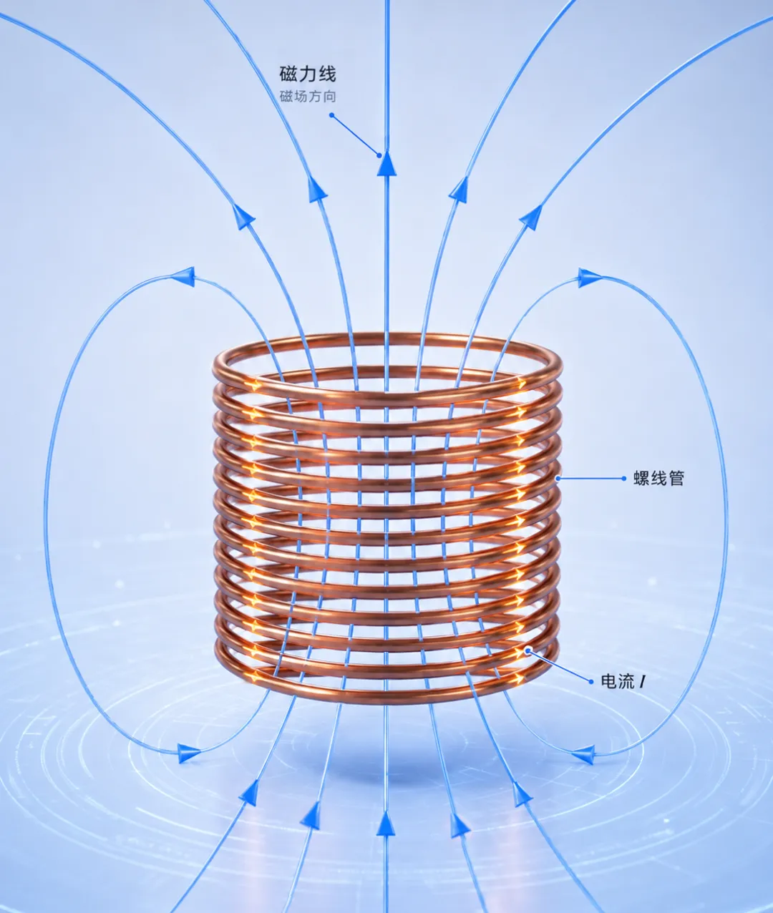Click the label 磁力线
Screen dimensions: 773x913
click(308, 74)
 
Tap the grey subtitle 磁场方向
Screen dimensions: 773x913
click(308, 97)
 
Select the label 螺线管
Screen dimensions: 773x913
click(658, 479)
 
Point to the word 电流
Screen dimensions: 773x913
click(618, 682)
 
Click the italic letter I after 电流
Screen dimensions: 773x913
click(642, 682)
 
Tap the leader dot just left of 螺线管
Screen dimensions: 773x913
click(623, 479)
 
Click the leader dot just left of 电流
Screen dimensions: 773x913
click(591, 682)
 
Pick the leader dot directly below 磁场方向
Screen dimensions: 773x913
click(331, 115)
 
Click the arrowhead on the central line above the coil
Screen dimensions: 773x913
click(386, 163)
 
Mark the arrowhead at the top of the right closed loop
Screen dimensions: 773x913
click(589, 278)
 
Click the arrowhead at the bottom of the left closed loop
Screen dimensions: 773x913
click(189, 752)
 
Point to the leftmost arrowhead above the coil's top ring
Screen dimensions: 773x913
click(243, 217)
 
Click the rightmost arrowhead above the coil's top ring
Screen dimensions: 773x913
click(532, 218)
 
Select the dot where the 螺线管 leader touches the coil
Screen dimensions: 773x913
click(558, 479)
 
